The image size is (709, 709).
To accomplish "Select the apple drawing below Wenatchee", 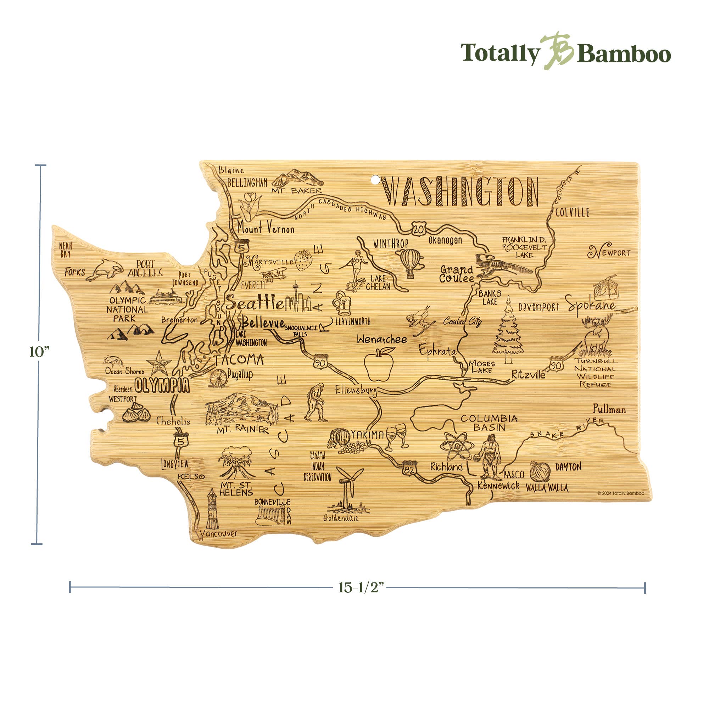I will (x=379, y=364).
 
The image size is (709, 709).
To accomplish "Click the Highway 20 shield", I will (x=418, y=229).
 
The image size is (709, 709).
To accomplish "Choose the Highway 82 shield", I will (x=409, y=469).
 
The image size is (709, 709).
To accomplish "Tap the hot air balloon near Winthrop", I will (x=411, y=262).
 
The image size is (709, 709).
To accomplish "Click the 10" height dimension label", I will (x=39, y=352).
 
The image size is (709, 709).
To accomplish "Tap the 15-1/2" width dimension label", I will (x=361, y=587).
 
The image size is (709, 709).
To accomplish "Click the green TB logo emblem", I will (x=558, y=51).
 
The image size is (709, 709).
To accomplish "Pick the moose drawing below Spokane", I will (x=597, y=335).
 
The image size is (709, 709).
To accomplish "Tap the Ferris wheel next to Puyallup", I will (x=218, y=378).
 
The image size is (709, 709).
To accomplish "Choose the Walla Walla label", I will (x=547, y=488).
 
